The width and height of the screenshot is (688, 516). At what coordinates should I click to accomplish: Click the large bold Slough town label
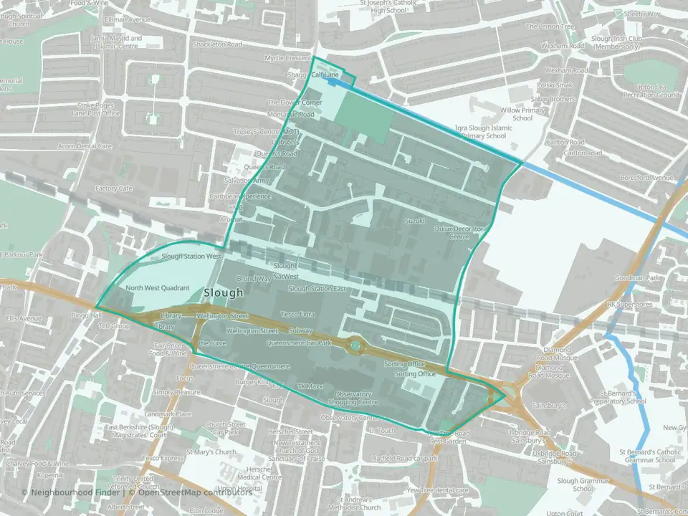[224, 293]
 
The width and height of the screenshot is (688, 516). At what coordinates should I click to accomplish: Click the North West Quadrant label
[157, 288]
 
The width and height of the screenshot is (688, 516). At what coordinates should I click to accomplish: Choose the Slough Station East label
[317, 289]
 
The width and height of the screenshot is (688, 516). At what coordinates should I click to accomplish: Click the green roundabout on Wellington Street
[355, 347]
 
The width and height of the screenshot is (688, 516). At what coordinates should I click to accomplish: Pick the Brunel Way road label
[254, 278]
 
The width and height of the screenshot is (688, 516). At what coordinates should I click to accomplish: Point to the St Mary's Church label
[211, 452]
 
